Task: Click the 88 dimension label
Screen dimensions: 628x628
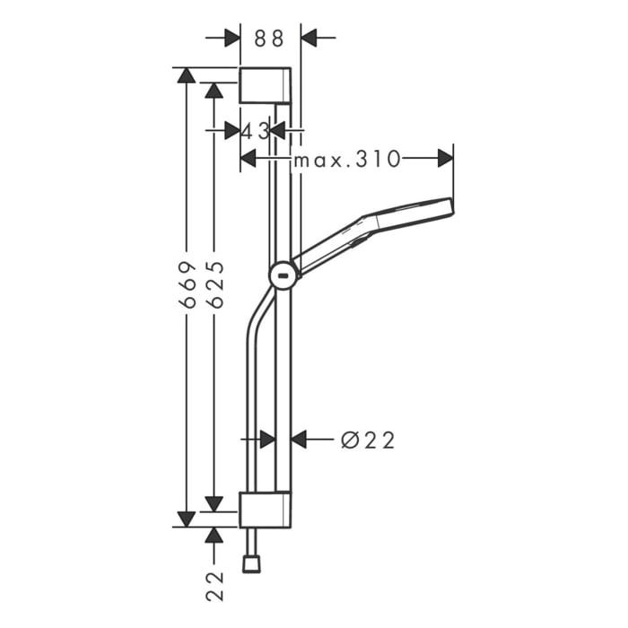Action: [x=269, y=38]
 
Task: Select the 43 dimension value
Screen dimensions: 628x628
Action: [x=255, y=130]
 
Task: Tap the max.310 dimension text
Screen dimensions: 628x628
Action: [x=347, y=160]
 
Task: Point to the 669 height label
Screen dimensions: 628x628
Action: [x=188, y=285]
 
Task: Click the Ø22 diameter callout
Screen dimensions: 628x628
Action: [x=368, y=440]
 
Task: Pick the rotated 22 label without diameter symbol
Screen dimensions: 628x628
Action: [x=214, y=585]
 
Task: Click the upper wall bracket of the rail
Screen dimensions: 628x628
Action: [x=265, y=85]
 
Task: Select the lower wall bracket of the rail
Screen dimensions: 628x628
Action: [x=265, y=510]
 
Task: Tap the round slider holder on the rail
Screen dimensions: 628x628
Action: [x=283, y=276]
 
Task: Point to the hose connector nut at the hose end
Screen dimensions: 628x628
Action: [x=251, y=563]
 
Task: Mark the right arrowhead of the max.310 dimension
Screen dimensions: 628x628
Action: [x=445, y=159]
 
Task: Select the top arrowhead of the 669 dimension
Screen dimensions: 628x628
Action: [x=187, y=75]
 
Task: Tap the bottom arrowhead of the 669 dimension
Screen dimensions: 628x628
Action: [x=187, y=519]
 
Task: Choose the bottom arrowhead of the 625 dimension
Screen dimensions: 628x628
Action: [x=214, y=503]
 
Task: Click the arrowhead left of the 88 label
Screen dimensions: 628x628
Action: [x=231, y=38]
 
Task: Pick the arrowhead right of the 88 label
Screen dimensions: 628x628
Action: [x=310, y=38]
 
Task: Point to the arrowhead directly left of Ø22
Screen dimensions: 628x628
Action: [x=300, y=440]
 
